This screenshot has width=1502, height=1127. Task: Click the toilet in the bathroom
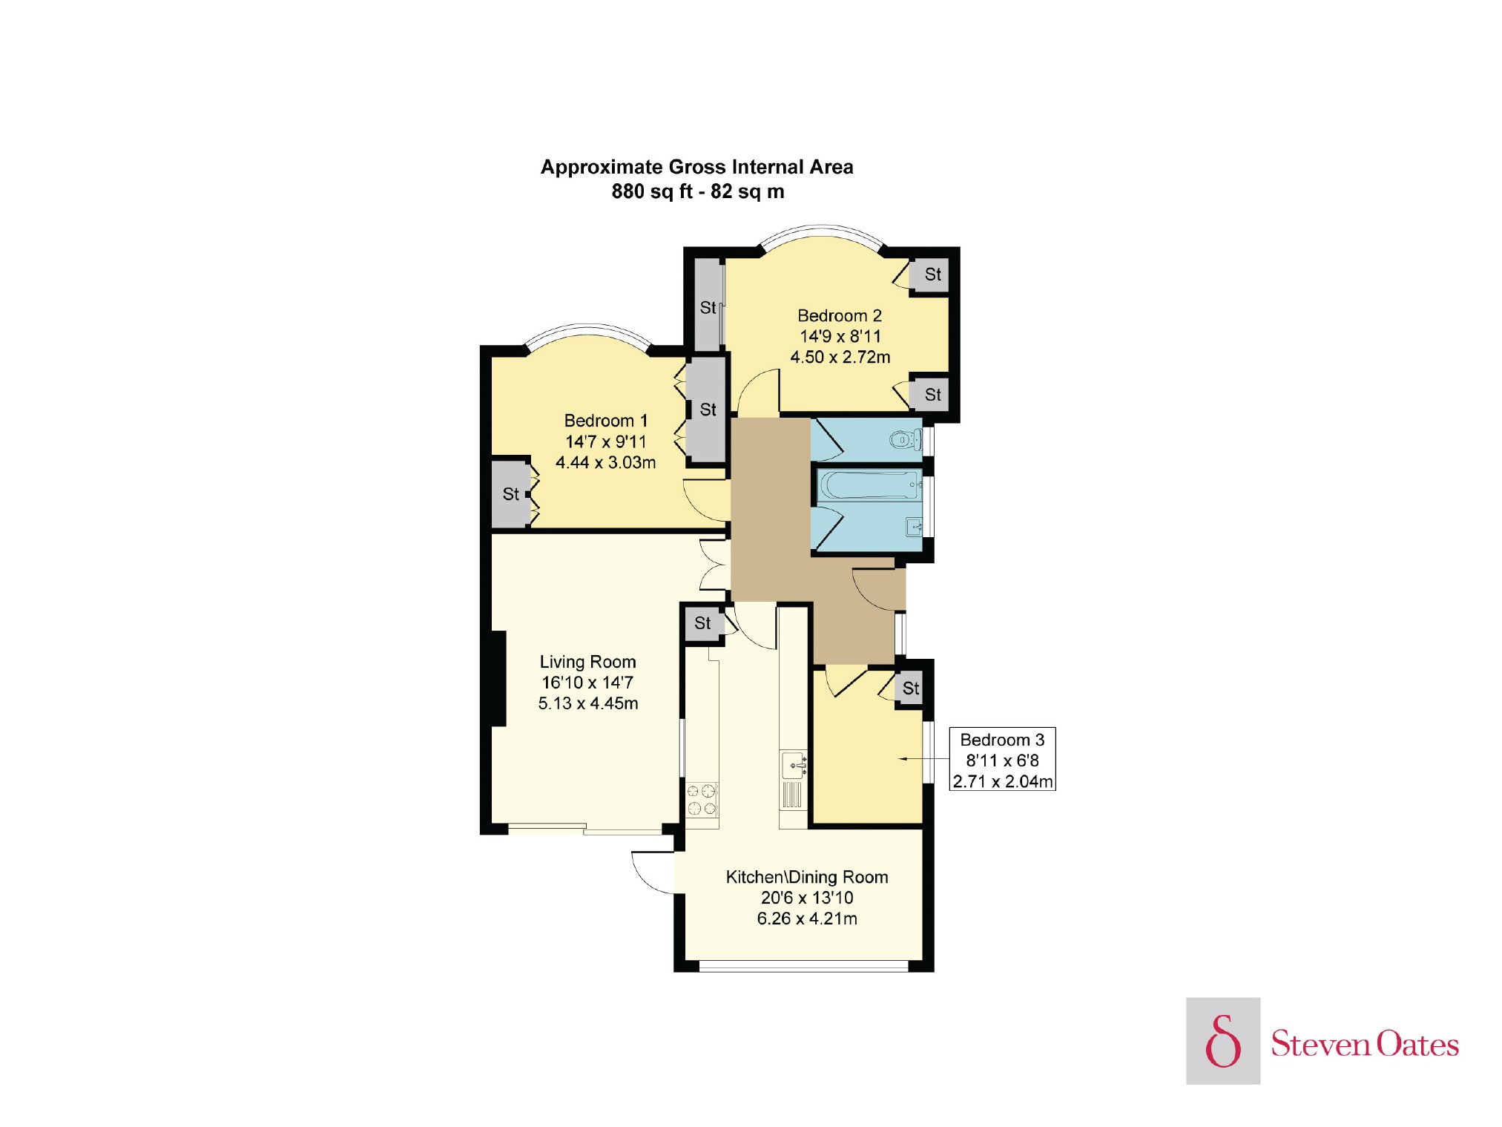pyautogui.click(x=905, y=440)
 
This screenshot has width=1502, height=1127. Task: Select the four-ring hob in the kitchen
pyautogui.click(x=702, y=800)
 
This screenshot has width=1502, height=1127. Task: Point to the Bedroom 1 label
pyautogui.click(x=606, y=421)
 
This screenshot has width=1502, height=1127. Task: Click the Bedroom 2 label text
pyautogui.click(x=840, y=316)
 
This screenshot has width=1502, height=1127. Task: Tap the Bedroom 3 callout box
pyautogui.click(x=1002, y=760)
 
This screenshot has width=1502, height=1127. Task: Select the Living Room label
pyautogui.click(x=588, y=662)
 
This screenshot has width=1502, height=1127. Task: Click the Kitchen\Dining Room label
pyautogui.click(x=807, y=878)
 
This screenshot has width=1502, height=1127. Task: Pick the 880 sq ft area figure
pyautogui.click(x=652, y=191)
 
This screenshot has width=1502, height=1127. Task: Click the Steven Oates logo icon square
pyautogui.click(x=1223, y=1041)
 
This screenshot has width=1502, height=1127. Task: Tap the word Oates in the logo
pyautogui.click(x=1417, y=1044)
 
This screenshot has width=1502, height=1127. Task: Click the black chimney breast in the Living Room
pyautogui.click(x=499, y=678)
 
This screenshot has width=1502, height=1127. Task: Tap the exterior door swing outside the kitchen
pyautogui.click(x=653, y=873)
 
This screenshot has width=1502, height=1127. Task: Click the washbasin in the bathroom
pyautogui.click(x=915, y=528)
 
